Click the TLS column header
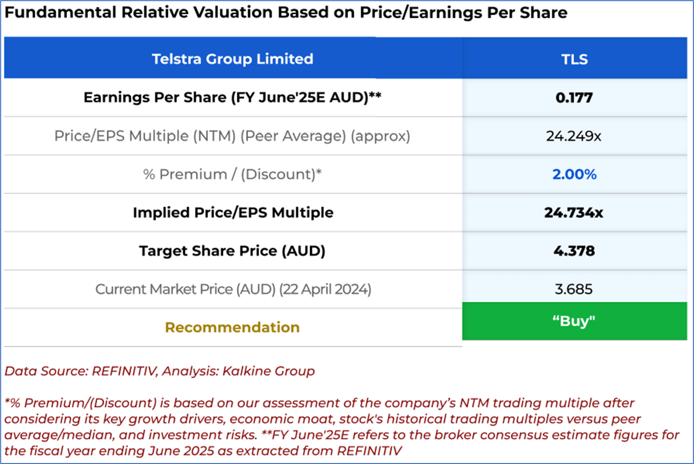pyautogui.click(x=574, y=59)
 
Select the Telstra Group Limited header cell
pyautogui.click(x=232, y=59)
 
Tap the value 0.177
pyautogui.click(x=574, y=98)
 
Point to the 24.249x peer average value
pyautogui.click(x=574, y=136)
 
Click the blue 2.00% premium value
pyautogui.click(x=574, y=174)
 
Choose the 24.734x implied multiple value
pyautogui.click(x=574, y=212)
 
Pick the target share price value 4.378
pyautogui.click(x=574, y=251)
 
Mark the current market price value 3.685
pyautogui.click(x=574, y=289)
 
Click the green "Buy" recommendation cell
pyautogui.click(x=574, y=321)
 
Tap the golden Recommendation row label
pyautogui.click(x=232, y=327)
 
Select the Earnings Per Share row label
pyautogui.click(x=232, y=98)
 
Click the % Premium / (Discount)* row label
pyautogui.click(x=232, y=174)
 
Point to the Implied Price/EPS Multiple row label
pyautogui.click(x=233, y=212)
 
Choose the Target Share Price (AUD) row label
pyautogui.click(x=232, y=251)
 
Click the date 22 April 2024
pyautogui.click(x=325, y=289)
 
